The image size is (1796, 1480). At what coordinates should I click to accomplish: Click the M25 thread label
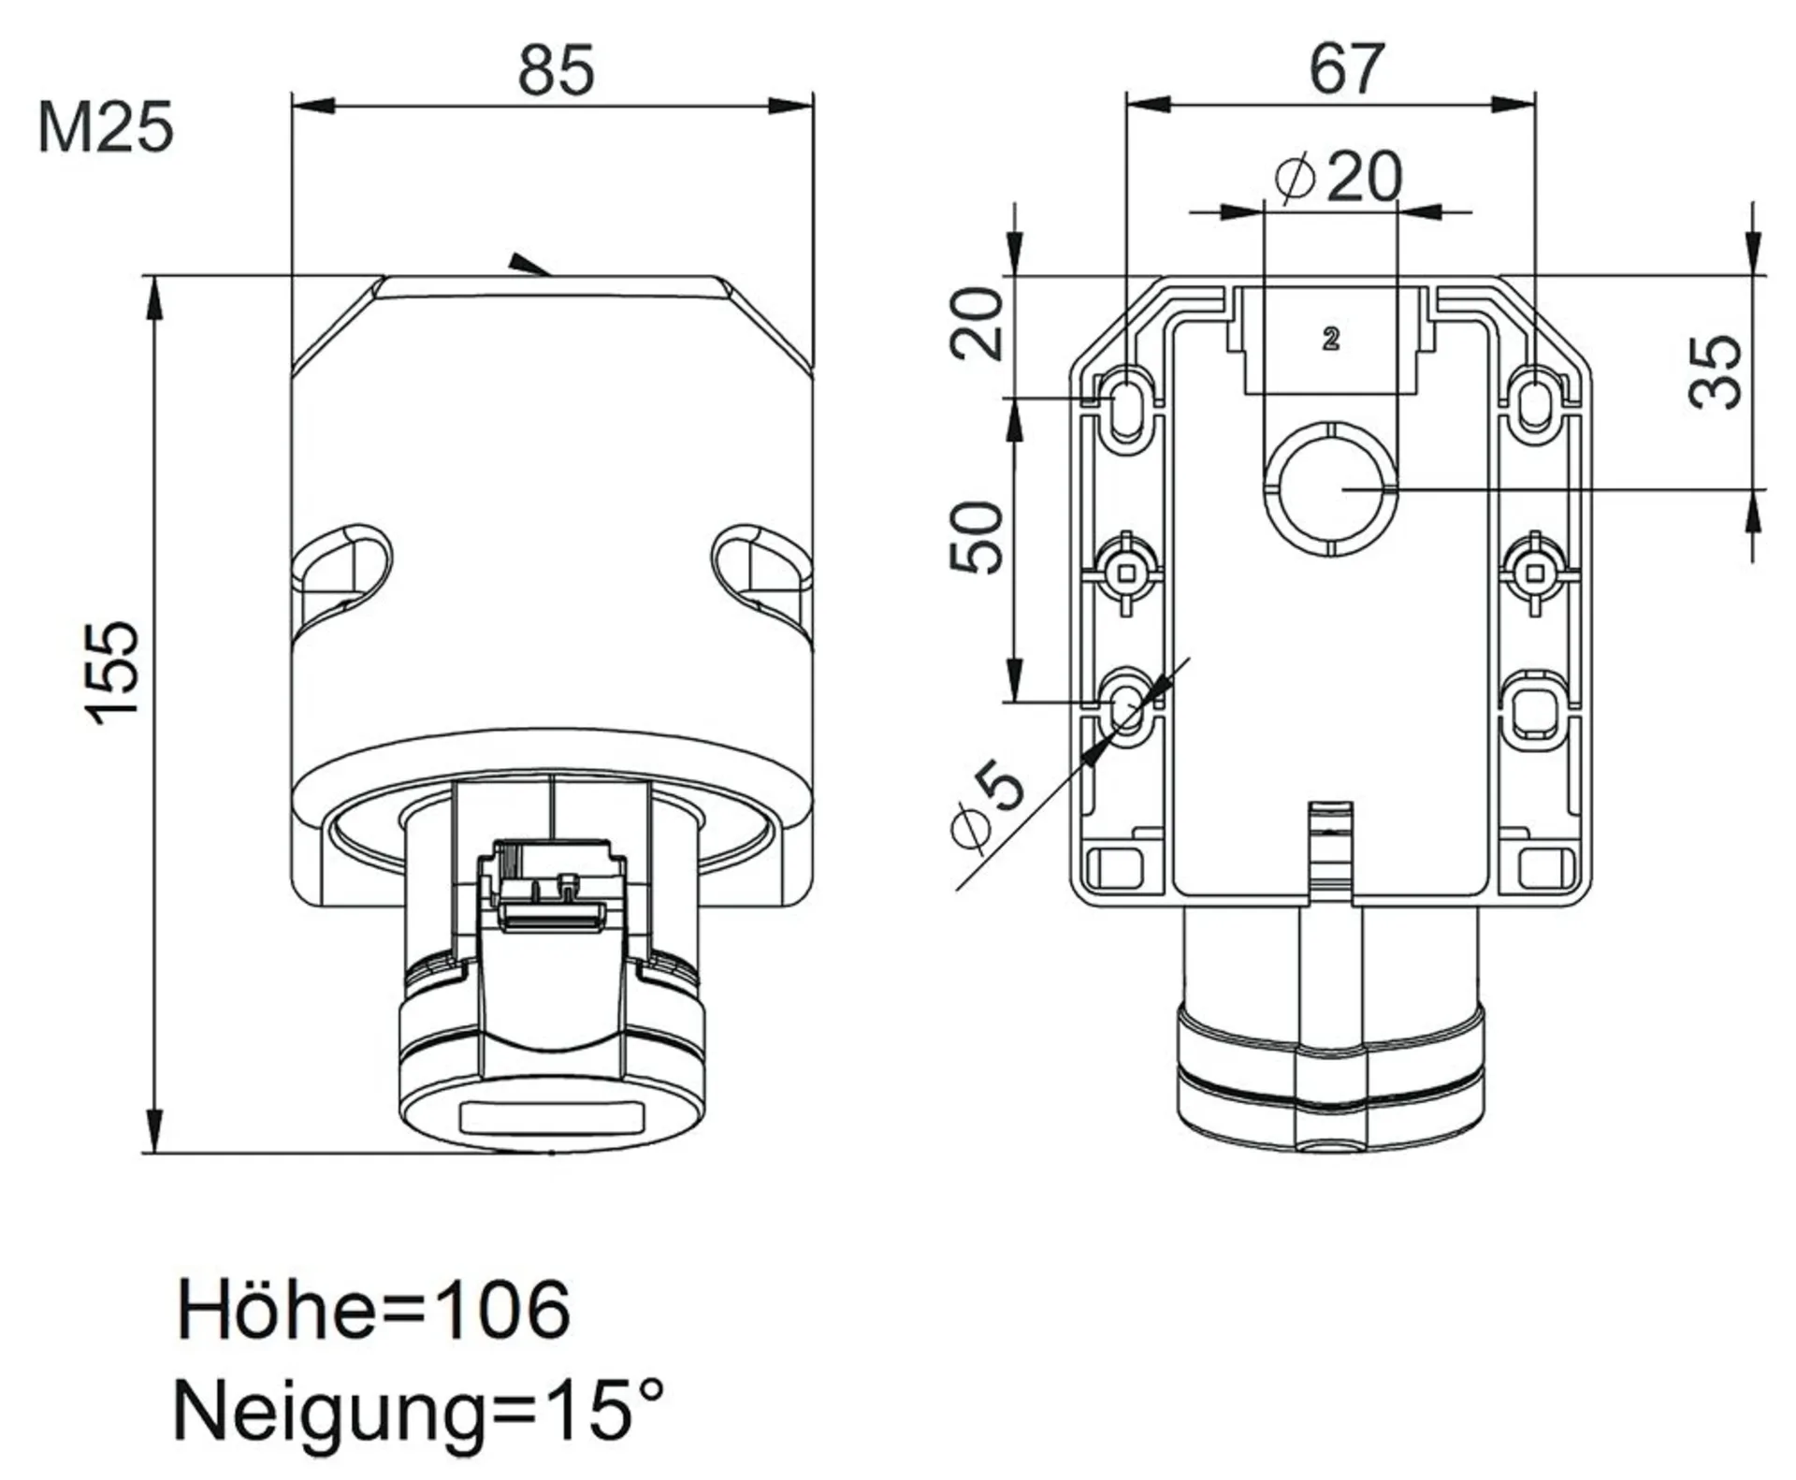(106, 128)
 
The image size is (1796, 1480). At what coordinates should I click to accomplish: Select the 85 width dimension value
(557, 70)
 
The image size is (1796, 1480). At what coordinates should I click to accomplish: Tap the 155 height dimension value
(113, 672)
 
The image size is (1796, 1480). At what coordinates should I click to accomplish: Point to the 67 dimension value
(1347, 68)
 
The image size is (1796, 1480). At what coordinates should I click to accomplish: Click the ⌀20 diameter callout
(1339, 176)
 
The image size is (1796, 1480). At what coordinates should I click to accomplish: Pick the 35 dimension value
(1716, 371)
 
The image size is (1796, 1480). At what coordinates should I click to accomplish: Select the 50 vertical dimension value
(976, 537)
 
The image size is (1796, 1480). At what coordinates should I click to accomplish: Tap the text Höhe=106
(373, 1309)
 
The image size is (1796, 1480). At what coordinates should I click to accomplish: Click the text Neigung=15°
(418, 1412)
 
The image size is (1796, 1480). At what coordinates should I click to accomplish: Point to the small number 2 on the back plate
(1331, 339)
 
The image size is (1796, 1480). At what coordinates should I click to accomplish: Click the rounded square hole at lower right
(1533, 708)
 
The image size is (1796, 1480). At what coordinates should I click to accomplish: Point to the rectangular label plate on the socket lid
(551, 1117)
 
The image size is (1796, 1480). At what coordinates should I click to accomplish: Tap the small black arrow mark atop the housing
(529, 264)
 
